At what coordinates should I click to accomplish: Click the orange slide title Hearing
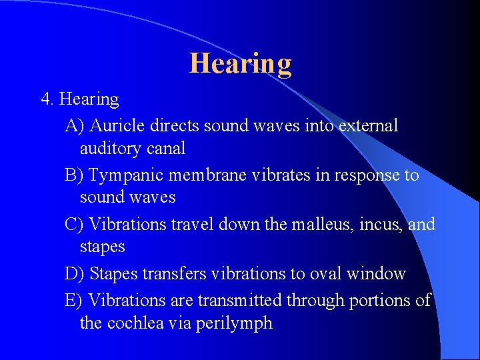click(x=241, y=64)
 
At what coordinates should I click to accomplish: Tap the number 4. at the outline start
click(x=47, y=99)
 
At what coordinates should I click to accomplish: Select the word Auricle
click(x=117, y=125)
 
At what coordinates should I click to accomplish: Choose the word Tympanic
click(x=126, y=175)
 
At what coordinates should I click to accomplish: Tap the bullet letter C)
click(x=74, y=224)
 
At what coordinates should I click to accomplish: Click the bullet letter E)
click(x=74, y=301)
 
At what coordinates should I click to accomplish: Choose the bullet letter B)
click(x=74, y=175)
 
